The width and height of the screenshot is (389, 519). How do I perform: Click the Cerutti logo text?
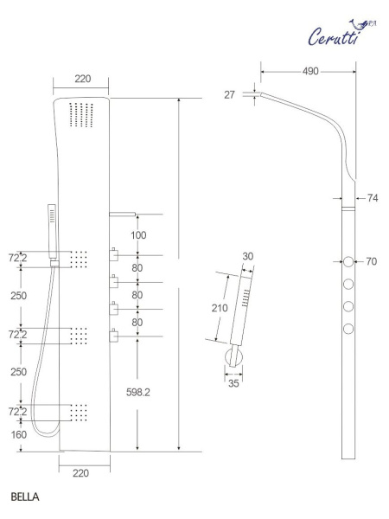[x=334, y=36]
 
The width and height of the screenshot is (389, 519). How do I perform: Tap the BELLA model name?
[x=25, y=497]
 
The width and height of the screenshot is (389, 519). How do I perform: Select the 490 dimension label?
[x=310, y=71]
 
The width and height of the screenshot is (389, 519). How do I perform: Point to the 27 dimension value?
[x=229, y=94]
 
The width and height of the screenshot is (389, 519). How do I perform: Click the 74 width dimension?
[x=373, y=198]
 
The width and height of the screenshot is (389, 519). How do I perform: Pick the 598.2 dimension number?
[x=138, y=392]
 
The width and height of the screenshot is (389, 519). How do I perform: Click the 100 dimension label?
[x=138, y=235]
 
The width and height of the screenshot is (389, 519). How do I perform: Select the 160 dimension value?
[x=19, y=434]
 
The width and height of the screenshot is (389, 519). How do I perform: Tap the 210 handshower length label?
[x=220, y=308]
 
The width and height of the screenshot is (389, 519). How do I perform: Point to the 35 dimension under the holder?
[x=233, y=383]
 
